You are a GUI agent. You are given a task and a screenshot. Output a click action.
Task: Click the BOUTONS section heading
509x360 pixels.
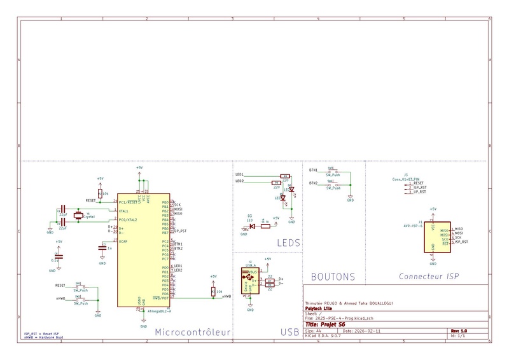click(333, 277)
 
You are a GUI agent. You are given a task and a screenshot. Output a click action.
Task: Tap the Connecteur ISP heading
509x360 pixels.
click(429, 277)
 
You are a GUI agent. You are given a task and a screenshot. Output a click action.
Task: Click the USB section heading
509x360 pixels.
click(289, 331)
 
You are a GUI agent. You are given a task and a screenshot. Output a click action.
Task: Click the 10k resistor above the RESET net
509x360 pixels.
click(100, 193)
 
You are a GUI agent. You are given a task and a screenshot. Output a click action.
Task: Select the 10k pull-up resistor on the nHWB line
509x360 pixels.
click(213, 291)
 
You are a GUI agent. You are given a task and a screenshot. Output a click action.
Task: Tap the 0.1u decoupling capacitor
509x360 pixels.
click(58, 256)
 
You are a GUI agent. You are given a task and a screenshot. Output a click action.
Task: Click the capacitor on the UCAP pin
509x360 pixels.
click(102, 248)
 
